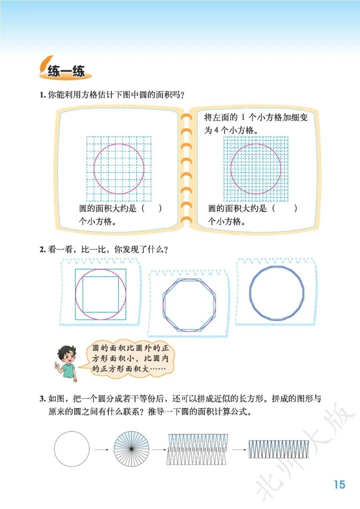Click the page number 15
[340, 484]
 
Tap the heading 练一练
[66, 71]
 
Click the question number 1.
[42, 95]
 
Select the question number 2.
[43, 250]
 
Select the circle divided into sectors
[131, 449]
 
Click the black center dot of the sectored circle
[131, 449]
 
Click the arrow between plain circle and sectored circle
[102, 450]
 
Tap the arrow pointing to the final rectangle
[239, 450]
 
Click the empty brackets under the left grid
[151, 208]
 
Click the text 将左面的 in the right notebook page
[221, 118]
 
